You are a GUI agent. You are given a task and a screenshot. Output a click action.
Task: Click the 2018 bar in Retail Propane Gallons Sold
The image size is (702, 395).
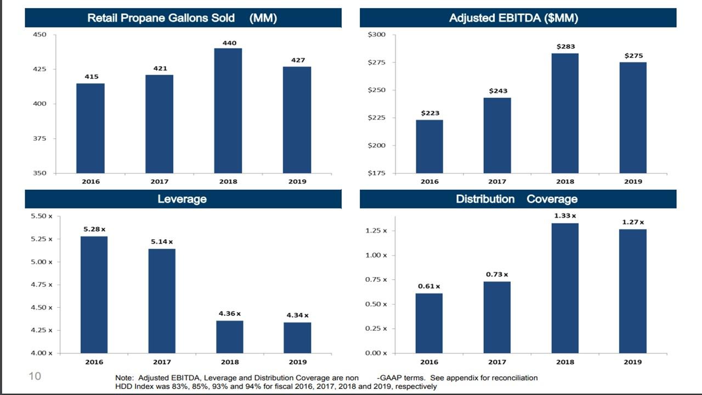click(x=228, y=110)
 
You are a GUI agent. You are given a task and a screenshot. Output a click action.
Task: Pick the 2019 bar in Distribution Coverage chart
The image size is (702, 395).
click(x=633, y=291)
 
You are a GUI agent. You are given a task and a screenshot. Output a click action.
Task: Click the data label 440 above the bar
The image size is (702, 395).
click(x=229, y=43)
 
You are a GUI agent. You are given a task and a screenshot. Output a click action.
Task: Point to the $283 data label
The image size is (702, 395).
click(x=565, y=47)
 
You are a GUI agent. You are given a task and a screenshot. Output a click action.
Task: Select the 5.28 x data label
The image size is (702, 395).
click(x=94, y=229)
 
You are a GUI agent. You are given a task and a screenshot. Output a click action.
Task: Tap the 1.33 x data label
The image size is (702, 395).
click(x=565, y=216)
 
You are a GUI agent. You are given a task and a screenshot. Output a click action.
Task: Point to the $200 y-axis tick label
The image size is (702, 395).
click(x=377, y=145)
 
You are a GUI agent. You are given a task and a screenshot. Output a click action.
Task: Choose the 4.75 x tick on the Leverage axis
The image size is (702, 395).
click(x=42, y=285)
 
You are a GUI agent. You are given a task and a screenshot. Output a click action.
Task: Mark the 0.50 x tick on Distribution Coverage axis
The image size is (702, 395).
click(x=376, y=304)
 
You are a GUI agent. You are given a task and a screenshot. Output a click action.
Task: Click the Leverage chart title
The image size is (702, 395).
click(x=182, y=199)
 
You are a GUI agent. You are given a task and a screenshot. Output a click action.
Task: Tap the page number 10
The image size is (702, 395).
click(x=35, y=376)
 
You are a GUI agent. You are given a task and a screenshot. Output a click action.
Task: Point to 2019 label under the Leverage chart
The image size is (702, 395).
click(x=298, y=362)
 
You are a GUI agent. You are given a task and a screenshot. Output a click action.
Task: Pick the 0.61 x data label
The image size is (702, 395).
click(x=429, y=286)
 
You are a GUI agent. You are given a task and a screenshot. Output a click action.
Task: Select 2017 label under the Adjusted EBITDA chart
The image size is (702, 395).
click(x=497, y=182)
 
